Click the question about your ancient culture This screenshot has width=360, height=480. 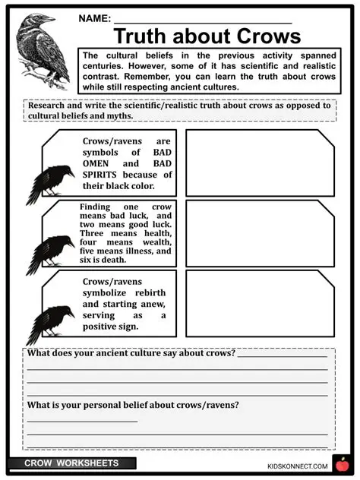[x=131, y=354]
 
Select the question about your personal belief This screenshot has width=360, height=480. [x=133, y=405]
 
